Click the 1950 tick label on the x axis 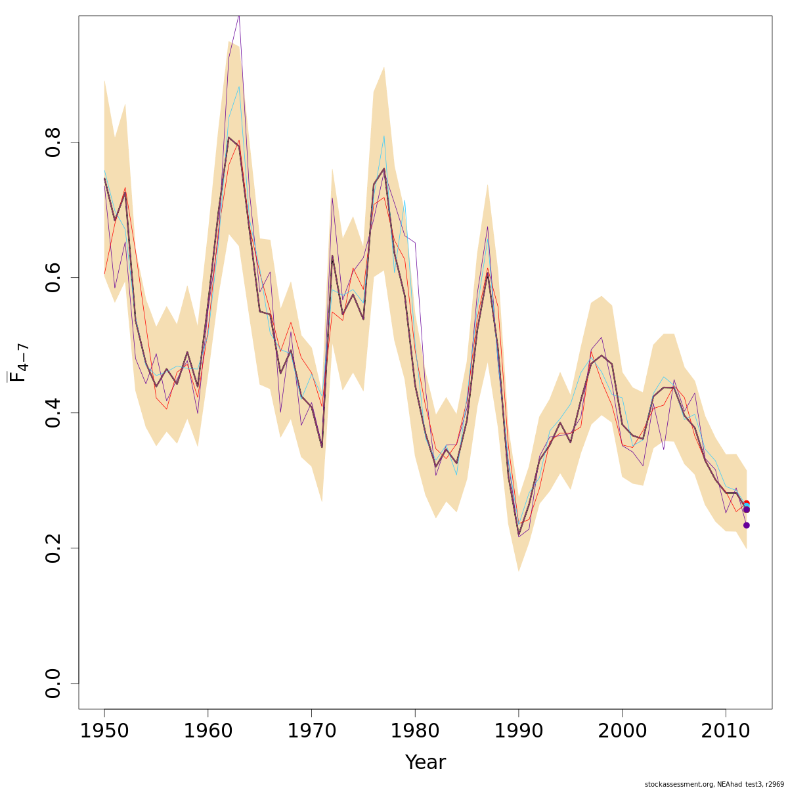click(104, 732)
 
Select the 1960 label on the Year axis click(208, 732)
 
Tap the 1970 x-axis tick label click(311, 732)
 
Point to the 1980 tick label click(415, 732)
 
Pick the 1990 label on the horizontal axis click(519, 732)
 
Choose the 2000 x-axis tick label click(622, 732)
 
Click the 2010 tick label click(726, 732)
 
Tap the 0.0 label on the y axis click(54, 683)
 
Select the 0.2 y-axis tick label click(54, 548)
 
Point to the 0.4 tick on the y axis click(54, 412)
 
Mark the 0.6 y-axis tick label click(54, 277)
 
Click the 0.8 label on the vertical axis click(54, 142)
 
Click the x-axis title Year click(425, 762)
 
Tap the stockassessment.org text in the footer click(674, 784)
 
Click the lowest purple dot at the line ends click(746, 525)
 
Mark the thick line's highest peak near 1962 click(229, 137)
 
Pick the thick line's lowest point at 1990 click(519, 535)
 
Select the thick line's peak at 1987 click(487, 272)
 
